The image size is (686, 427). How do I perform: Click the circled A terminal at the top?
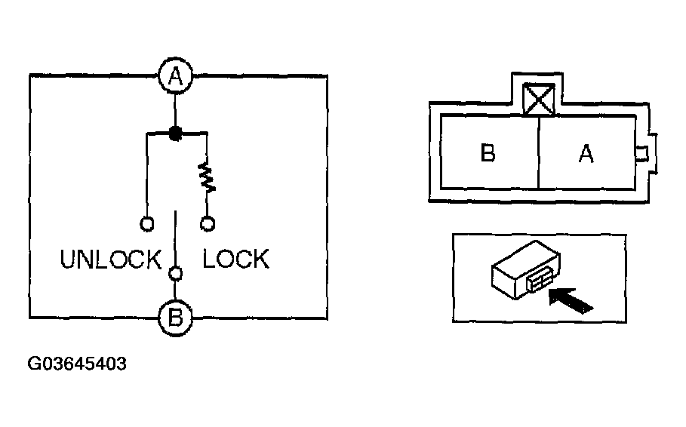coord(175,75)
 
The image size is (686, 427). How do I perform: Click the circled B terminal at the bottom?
coord(175,318)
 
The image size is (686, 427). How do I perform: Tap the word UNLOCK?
coord(111,260)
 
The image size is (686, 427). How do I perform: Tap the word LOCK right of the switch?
coord(235,260)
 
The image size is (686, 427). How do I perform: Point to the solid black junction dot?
coord(175,134)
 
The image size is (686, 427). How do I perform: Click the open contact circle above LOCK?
coord(207,223)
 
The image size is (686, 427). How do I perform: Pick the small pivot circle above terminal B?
coord(175,274)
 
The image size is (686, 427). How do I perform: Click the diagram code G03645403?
coord(77,364)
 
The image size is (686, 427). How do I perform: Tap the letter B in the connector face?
coord(488,154)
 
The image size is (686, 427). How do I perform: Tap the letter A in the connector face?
coord(586,154)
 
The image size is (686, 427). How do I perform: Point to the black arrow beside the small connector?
coord(571,301)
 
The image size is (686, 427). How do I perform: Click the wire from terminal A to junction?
coord(175,109)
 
